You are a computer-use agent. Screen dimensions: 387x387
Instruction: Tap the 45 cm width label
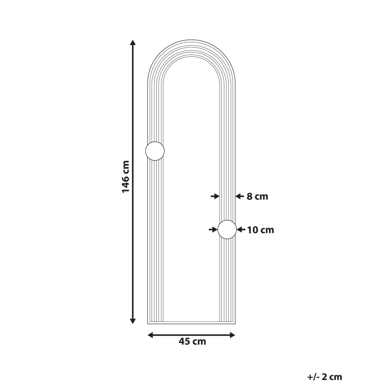(x=192, y=342)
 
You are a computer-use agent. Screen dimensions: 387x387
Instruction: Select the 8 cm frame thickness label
(x=257, y=196)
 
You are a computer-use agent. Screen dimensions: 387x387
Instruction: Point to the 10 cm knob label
(x=261, y=230)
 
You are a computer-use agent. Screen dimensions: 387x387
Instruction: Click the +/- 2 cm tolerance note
(x=324, y=377)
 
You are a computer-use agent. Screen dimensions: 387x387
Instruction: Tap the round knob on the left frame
(x=155, y=151)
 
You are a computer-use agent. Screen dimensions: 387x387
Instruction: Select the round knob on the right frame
(x=227, y=230)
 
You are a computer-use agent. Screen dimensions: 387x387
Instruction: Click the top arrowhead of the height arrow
(x=132, y=42)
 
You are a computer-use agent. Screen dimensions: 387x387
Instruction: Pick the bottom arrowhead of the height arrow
(x=132, y=321)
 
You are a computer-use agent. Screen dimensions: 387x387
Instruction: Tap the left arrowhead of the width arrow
(x=150, y=335)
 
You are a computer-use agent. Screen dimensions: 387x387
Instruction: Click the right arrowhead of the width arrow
(x=233, y=335)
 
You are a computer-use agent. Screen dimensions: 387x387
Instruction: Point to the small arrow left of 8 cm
(x=239, y=196)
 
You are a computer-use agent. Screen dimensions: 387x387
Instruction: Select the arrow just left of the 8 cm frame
(x=215, y=196)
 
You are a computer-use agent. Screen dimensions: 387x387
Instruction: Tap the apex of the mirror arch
(x=192, y=40)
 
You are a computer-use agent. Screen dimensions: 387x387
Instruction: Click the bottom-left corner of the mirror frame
(x=148, y=323)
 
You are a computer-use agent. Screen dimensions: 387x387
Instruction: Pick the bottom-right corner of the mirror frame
(x=235, y=323)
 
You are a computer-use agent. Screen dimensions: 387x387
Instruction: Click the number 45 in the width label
(x=185, y=342)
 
